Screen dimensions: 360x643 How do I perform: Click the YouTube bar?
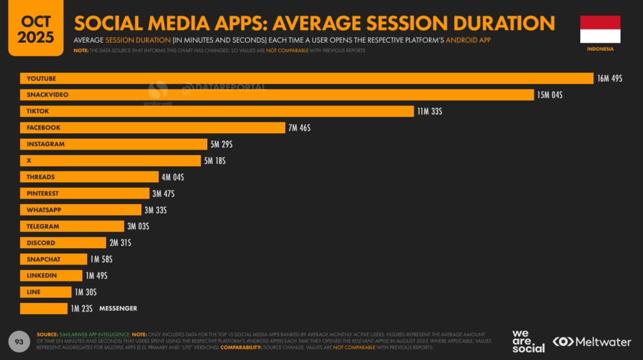click(x=306, y=79)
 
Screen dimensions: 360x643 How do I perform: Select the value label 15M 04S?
click(x=549, y=95)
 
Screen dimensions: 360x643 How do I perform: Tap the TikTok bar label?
click(x=38, y=111)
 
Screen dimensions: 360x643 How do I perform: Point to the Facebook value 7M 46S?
click(x=299, y=128)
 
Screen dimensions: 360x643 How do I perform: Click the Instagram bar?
click(x=113, y=145)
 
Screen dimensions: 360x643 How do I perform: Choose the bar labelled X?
click(x=110, y=161)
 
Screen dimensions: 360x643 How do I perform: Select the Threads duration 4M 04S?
click(x=173, y=177)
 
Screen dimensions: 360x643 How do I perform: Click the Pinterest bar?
click(x=85, y=194)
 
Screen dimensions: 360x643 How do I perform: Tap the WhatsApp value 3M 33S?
click(x=155, y=210)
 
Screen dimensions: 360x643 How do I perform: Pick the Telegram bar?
click(x=72, y=226)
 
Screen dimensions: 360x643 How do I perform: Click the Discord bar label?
click(x=41, y=243)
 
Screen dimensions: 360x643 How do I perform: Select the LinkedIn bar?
click(x=51, y=276)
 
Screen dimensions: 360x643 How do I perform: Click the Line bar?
click(x=45, y=292)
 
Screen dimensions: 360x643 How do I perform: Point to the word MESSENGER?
click(x=118, y=308)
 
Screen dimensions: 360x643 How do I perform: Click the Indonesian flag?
click(x=600, y=29)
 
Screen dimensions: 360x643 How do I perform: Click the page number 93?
click(x=19, y=341)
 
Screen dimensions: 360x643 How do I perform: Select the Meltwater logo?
click(x=592, y=342)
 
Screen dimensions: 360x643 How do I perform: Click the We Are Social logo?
click(x=528, y=341)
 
